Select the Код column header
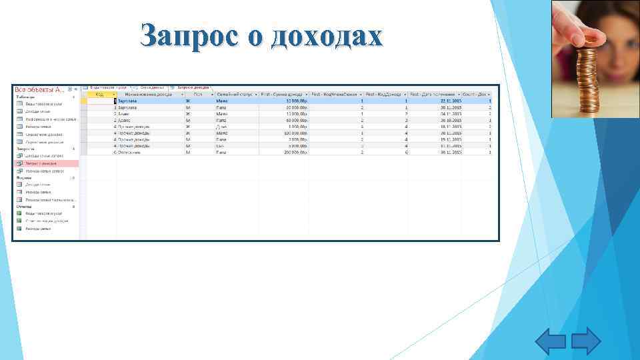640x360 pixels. (x=99, y=94)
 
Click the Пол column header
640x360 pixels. (x=197, y=94)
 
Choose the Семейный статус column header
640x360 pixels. (x=235, y=94)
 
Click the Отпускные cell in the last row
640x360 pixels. (x=127, y=152)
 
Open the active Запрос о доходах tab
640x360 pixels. (x=193, y=87)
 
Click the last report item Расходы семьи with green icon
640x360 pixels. (x=38, y=228)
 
